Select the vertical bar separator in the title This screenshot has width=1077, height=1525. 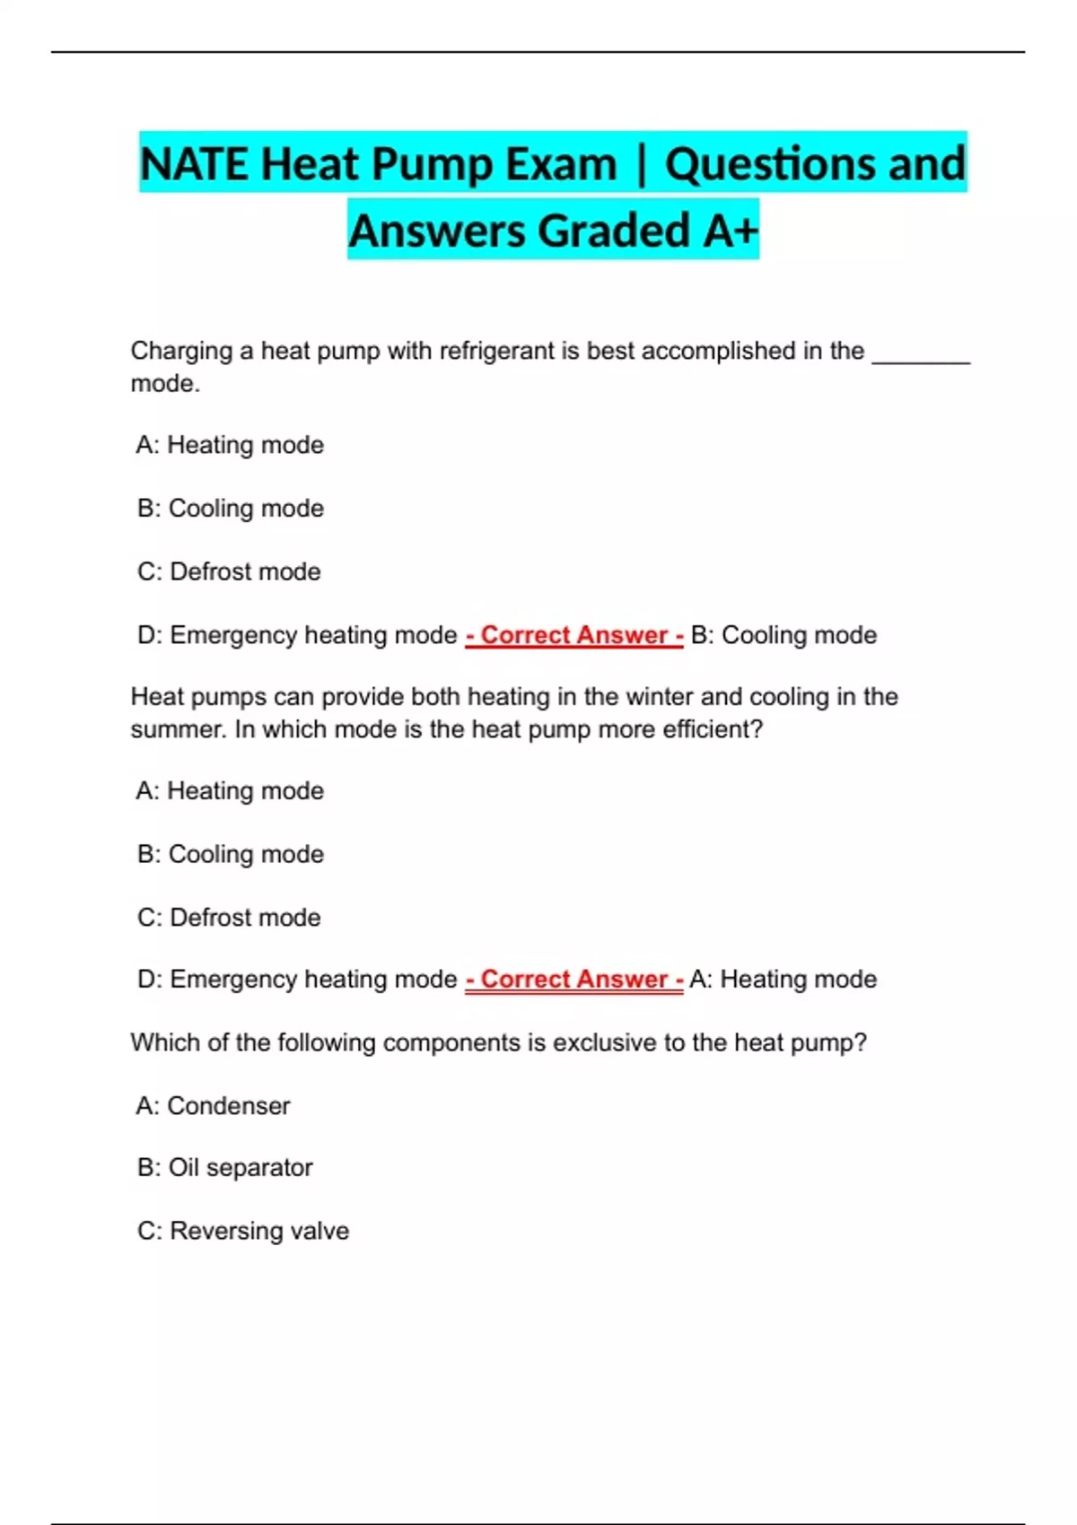[x=641, y=164]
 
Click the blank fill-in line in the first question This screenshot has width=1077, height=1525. [x=921, y=356]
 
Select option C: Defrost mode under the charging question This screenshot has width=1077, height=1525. [x=229, y=571]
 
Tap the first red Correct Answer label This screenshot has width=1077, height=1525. [x=574, y=635]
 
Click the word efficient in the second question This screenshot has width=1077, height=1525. [x=712, y=729]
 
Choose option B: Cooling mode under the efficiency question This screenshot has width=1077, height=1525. [x=231, y=854]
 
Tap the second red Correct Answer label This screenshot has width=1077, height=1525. [x=574, y=980]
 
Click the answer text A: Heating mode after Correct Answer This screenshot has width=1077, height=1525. [x=783, y=980]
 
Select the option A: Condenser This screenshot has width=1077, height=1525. [x=214, y=1105]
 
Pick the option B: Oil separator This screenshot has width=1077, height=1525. [x=225, y=1168]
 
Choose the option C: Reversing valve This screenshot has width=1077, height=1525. [x=243, y=1231]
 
